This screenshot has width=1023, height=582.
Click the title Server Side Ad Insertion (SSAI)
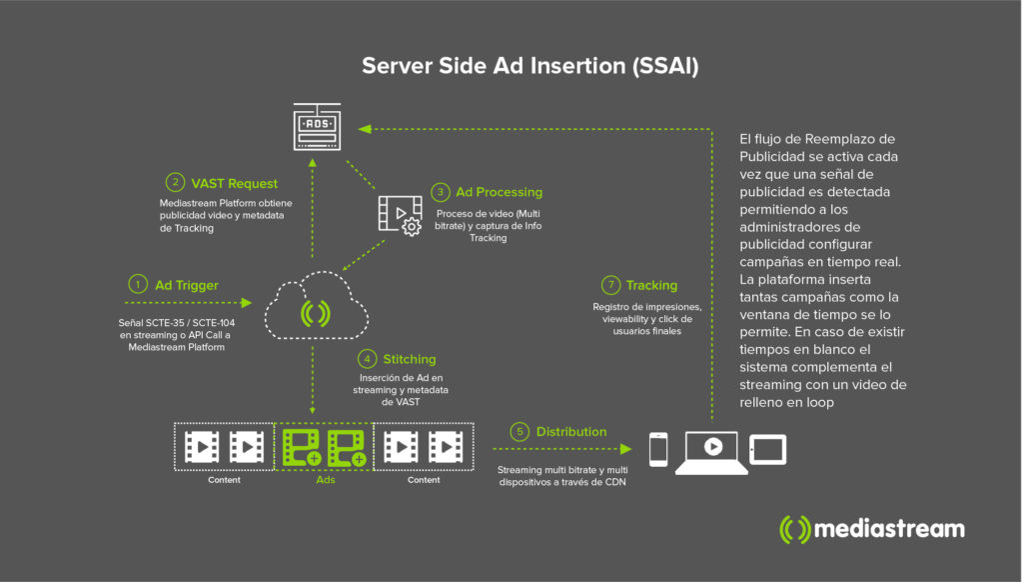click(x=529, y=66)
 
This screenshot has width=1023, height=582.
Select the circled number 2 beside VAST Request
click(x=175, y=183)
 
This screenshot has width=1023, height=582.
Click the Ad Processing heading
click(x=499, y=191)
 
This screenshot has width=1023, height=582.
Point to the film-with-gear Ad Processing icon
click(x=399, y=214)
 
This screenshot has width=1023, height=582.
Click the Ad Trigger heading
click(x=186, y=285)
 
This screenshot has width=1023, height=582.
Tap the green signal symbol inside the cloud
click(x=315, y=314)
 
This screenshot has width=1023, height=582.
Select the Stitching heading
click(x=409, y=358)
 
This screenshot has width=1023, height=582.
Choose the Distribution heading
click(x=570, y=432)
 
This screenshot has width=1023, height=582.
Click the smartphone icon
click(x=657, y=449)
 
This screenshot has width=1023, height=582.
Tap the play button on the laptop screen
click(x=712, y=447)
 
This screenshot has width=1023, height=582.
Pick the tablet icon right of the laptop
click(x=767, y=449)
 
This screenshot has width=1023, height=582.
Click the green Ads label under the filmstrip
click(x=326, y=480)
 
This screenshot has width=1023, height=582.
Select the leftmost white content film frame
click(x=201, y=446)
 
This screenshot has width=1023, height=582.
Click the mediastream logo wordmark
click(x=889, y=529)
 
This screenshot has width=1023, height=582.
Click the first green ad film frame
click(x=301, y=446)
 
